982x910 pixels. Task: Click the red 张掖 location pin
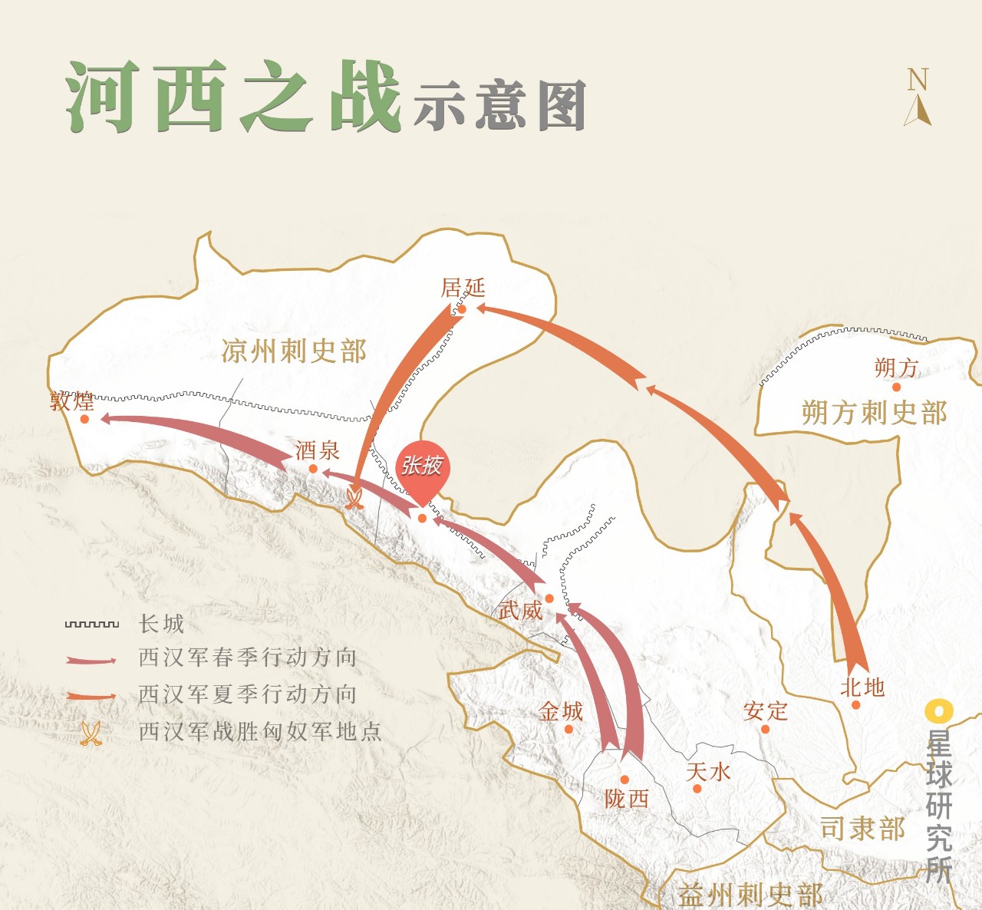point(421,468)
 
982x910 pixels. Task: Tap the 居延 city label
point(463,288)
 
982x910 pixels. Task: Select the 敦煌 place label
point(72,401)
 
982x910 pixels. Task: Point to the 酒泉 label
point(317,450)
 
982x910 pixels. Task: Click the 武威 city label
point(520,611)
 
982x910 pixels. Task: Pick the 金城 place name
point(560,711)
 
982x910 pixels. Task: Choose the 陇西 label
point(626,799)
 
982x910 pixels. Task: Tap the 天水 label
point(707,771)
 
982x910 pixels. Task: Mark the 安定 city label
point(765,711)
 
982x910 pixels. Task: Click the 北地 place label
point(862,687)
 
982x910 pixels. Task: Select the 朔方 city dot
point(896,387)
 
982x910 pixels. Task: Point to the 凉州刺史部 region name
point(294,351)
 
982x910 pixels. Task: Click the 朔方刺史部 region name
point(874,413)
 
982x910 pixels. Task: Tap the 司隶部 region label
point(862,829)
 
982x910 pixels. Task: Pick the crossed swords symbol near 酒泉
point(354,500)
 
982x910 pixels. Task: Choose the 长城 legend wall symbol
point(92,625)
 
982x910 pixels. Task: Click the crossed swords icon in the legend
point(91,734)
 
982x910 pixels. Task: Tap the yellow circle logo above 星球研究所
point(938,711)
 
